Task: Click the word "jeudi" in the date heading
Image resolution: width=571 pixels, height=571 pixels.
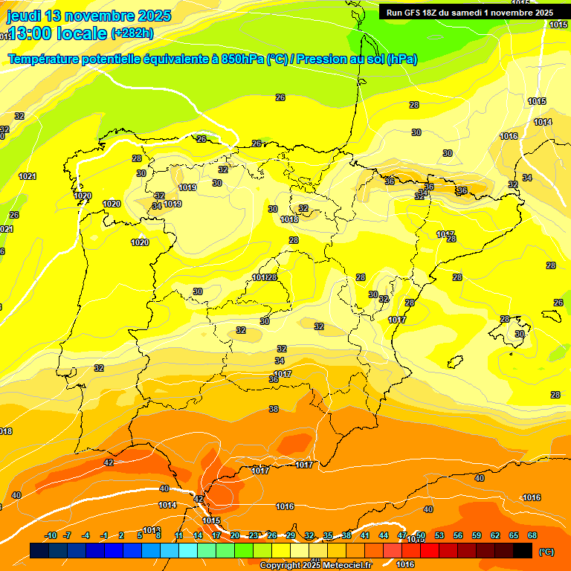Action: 24,16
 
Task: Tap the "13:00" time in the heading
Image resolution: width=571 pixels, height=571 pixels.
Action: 34,33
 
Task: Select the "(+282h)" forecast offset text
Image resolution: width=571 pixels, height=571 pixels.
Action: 132,33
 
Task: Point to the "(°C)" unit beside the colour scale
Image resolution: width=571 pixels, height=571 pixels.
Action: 546,552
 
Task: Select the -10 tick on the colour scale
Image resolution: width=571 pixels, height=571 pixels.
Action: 51,535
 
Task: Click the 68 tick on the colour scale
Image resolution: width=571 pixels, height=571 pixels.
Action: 532,535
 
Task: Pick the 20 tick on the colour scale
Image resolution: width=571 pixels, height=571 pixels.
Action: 235,535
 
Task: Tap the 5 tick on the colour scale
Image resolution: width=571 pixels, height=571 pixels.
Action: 140,535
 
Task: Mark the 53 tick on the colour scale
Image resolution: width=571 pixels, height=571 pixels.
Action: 439,535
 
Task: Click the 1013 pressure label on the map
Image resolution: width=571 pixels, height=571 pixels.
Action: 152,530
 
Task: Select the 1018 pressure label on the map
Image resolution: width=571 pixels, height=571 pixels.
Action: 290,219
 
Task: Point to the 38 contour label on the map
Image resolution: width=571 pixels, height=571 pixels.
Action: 274,409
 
